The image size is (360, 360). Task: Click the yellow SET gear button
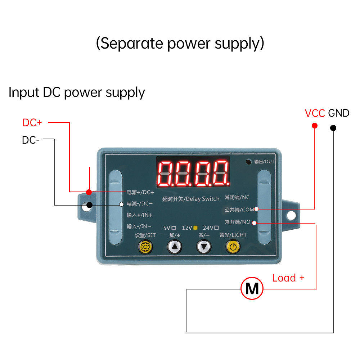point(145,247)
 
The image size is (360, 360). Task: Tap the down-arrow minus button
point(204,247)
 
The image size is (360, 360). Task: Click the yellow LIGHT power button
point(233,247)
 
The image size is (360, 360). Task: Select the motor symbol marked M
point(252,288)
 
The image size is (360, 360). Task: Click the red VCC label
point(315,113)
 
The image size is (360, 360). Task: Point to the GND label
point(339,113)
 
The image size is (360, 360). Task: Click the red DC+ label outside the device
point(32,123)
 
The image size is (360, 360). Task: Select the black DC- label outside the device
point(31,140)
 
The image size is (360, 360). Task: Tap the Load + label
point(288,278)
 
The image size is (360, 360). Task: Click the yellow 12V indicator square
point(195,228)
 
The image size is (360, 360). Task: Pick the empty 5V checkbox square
point(174,228)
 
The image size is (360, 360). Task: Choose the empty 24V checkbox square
point(216,228)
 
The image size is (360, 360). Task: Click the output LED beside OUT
point(248,162)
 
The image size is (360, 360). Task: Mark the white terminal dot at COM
point(256,209)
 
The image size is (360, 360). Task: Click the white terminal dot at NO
point(254,223)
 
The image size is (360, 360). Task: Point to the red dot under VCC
point(315,126)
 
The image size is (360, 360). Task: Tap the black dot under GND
point(333,128)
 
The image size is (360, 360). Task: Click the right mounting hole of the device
point(291,216)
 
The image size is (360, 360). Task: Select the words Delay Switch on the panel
point(202,199)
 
